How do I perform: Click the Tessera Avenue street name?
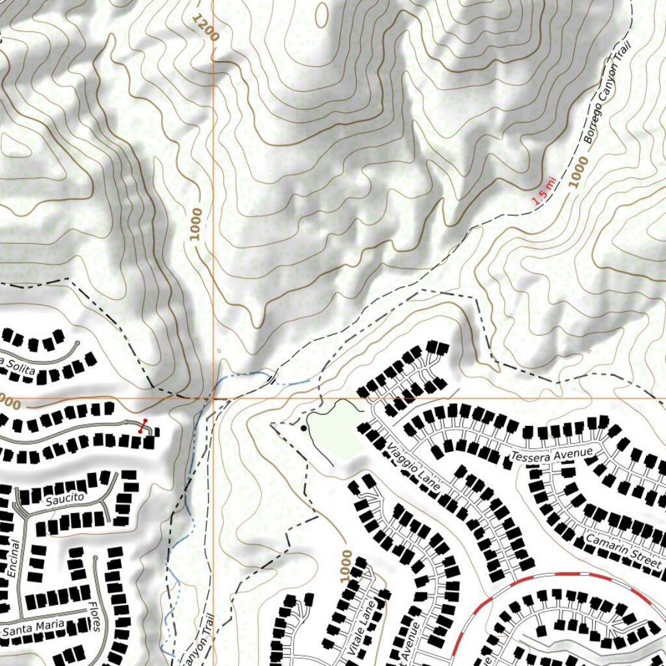pyautogui.click(x=552, y=455)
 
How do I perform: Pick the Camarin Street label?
pyautogui.click(x=622, y=552)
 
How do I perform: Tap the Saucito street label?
pyautogui.click(x=65, y=499)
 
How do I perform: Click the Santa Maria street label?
pyautogui.click(x=33, y=628)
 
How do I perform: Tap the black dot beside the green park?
pyautogui.click(x=304, y=428)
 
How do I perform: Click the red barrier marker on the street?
pyautogui.click(x=143, y=426)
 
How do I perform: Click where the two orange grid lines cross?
pyautogui.click(x=213, y=397)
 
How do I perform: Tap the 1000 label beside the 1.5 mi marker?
pyautogui.click(x=578, y=172)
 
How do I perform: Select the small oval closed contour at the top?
pyautogui.click(x=322, y=14)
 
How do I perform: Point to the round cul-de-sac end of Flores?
pyautogui.click(x=96, y=559)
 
